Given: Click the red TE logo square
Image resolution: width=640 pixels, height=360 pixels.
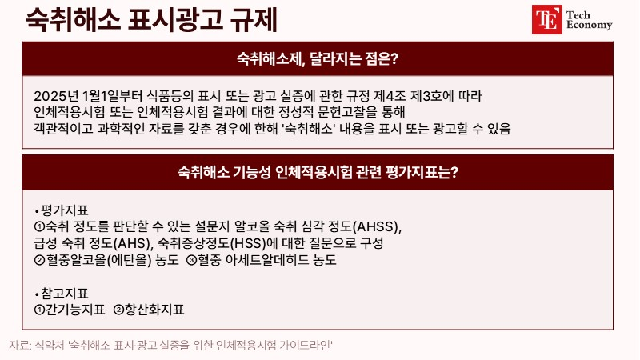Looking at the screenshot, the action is coord(547,19).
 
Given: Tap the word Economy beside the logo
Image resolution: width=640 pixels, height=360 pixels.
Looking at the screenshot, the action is coord(589,25).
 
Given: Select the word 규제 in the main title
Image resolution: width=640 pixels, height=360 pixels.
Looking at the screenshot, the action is coord(254,19).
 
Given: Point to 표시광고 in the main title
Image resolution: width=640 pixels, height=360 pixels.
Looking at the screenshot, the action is coord(175,19).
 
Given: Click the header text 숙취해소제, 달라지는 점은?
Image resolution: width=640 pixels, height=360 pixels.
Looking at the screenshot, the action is coord(317,58).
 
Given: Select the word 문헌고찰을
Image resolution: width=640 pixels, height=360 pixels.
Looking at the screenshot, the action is coord(347,112).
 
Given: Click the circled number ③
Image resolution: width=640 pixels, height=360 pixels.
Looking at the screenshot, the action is coord(191,260).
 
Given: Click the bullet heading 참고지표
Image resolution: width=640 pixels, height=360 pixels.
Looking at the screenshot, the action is coord(65,294).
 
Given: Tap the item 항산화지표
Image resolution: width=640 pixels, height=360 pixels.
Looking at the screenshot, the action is coord(154,310).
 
